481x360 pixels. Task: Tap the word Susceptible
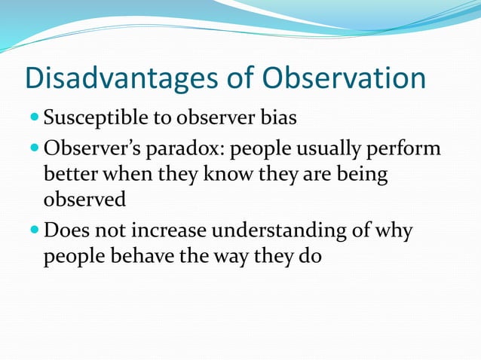point(89,118)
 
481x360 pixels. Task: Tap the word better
point(70,175)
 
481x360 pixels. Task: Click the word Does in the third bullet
point(66,230)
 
